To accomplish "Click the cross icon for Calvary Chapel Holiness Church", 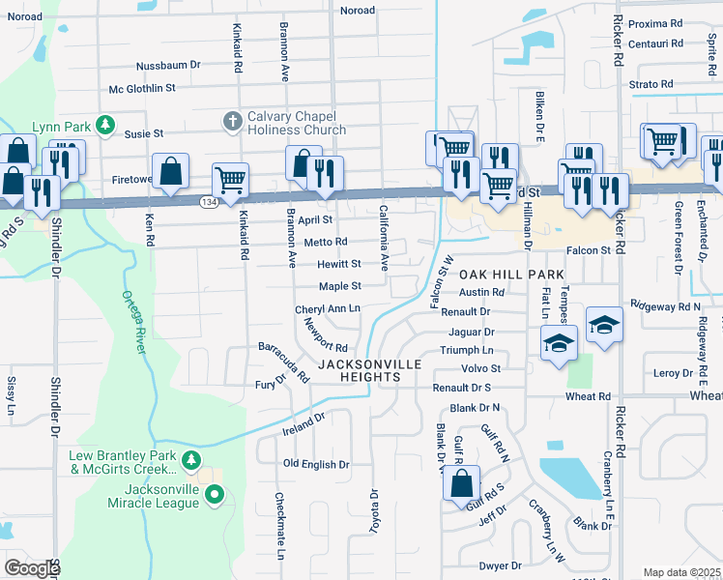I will [232, 121].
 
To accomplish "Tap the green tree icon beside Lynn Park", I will [105, 127].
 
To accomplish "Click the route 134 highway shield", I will [209, 201].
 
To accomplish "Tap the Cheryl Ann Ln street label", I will [327, 308].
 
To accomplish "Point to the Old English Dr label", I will [315, 464].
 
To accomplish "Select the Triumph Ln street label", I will [467, 350].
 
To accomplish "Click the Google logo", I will [32, 567].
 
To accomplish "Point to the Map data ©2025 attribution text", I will [681, 572].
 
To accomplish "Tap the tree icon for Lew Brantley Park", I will [191, 458].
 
